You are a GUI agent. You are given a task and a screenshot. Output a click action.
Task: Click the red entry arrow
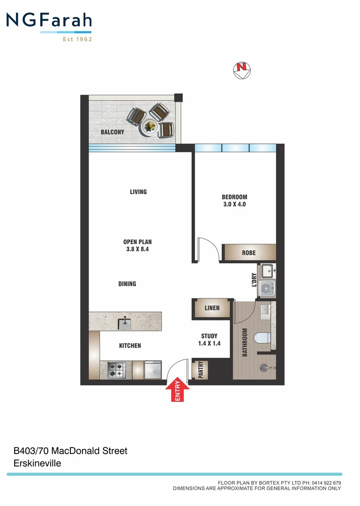(x=178, y=390)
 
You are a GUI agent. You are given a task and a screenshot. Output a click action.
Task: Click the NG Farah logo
(x=49, y=21)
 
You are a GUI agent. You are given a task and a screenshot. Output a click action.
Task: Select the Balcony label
(x=112, y=132)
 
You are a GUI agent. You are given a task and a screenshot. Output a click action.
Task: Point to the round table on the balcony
(x=150, y=126)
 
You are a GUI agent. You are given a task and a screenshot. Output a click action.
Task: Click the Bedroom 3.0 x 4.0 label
(x=234, y=201)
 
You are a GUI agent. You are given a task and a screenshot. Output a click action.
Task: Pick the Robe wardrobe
(x=249, y=253)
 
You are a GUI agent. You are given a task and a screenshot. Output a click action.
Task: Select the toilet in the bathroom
(x=261, y=337)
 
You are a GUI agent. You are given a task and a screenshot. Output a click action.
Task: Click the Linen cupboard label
(x=212, y=308)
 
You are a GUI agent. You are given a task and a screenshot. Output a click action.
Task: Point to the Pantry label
(x=201, y=370)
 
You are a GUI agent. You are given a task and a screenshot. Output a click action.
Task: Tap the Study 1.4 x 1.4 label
(x=209, y=340)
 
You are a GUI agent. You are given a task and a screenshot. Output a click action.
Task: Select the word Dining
(x=127, y=283)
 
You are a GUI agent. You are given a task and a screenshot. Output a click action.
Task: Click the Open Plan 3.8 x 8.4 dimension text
(x=137, y=246)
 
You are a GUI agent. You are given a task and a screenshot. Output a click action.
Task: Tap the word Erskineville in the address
(x=37, y=463)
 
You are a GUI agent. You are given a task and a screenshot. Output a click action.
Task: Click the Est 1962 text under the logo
(x=77, y=39)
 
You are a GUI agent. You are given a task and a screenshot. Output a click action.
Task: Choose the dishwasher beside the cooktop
(x=153, y=370)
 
